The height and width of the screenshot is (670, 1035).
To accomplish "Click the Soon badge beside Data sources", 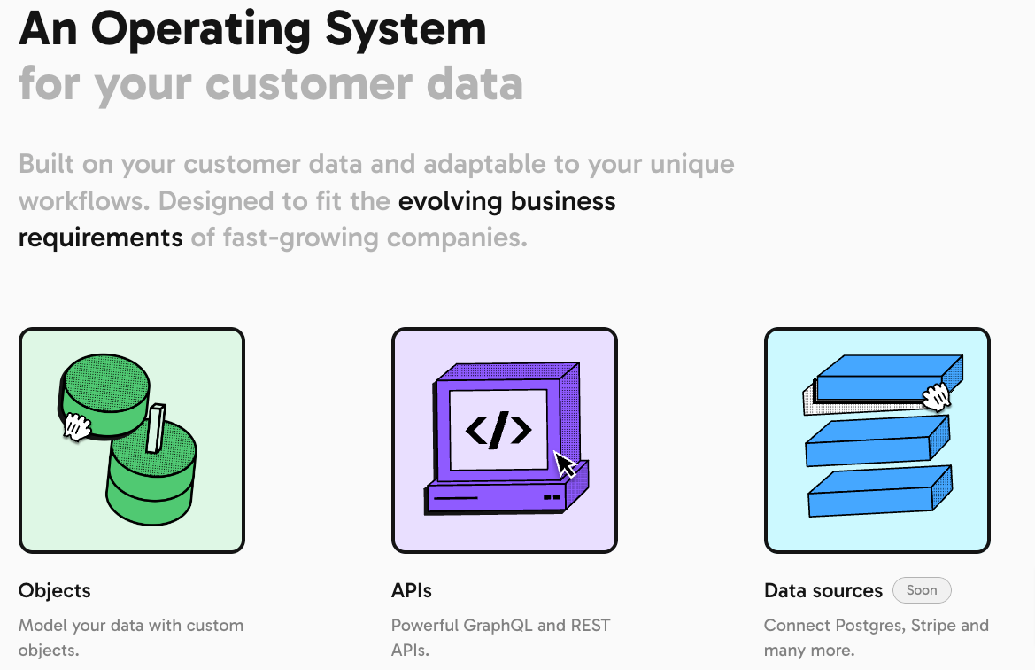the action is [x=922, y=590].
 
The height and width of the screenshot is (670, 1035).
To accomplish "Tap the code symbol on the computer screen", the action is [x=498, y=430].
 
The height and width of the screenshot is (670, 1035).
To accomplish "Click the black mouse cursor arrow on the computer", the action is [x=565, y=464].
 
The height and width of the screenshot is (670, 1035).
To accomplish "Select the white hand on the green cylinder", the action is [x=76, y=427].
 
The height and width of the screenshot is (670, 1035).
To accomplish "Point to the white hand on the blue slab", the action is [x=936, y=396].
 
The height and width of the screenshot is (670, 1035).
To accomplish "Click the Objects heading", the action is [x=55, y=590].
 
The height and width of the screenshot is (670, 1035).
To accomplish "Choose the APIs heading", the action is [x=411, y=590].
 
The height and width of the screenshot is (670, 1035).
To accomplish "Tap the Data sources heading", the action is [x=823, y=590].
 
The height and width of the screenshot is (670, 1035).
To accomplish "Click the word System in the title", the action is [x=406, y=29].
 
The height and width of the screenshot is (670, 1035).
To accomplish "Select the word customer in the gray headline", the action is [x=308, y=84].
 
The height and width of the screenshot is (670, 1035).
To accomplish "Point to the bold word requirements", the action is [x=100, y=238].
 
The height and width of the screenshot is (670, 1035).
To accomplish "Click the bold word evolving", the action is [x=450, y=201].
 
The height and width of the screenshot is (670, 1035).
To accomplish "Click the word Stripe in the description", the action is [x=933, y=625].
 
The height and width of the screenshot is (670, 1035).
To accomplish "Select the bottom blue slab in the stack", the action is [x=880, y=492].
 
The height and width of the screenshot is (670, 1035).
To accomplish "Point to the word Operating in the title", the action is [x=201, y=30].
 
